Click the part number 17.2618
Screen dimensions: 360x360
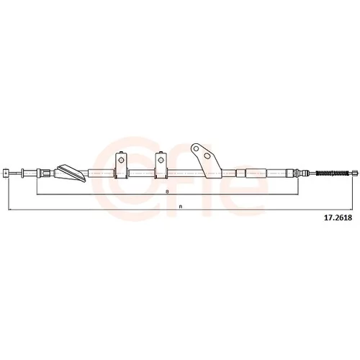338,217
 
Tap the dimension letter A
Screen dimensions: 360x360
180,207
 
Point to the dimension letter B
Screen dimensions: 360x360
167,192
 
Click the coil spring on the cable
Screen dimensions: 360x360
332,173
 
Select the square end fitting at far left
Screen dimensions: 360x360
6,174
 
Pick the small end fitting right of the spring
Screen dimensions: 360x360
355,173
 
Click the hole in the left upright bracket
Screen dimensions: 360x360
121,160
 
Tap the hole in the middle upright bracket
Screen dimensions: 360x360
161,160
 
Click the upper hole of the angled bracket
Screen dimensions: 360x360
196,148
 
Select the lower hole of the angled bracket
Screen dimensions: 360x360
207,156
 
